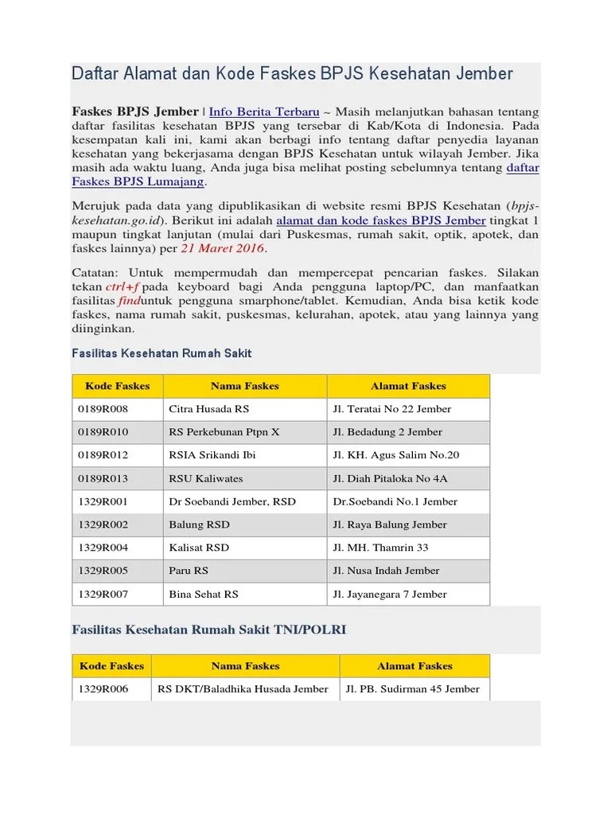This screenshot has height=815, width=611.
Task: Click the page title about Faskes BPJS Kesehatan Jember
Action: click(x=292, y=74)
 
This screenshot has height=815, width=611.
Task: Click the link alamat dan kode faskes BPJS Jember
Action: click(x=380, y=220)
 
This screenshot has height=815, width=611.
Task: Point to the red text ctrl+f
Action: click(x=124, y=287)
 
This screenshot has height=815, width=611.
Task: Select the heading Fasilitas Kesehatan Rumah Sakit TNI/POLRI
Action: click(x=209, y=629)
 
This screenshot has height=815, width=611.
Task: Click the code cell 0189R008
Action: click(x=103, y=409)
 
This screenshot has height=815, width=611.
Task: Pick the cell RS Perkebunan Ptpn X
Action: click(x=224, y=432)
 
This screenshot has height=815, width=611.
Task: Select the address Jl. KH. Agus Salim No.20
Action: click(x=395, y=455)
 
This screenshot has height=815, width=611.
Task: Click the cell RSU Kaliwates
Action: click(x=206, y=478)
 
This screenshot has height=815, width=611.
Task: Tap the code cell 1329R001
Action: click(x=103, y=501)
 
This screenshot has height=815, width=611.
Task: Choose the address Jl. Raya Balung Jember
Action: click(x=390, y=524)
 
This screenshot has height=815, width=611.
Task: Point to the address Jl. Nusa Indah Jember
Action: click(x=387, y=571)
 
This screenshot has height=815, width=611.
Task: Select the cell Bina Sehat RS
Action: click(x=204, y=594)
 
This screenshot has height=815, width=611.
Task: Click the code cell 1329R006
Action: click(x=103, y=688)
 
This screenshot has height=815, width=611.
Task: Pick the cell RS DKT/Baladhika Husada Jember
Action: click(x=243, y=688)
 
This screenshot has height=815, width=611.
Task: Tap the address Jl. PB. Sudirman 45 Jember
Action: click(x=412, y=688)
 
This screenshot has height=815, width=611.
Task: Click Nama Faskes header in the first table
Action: click(x=245, y=386)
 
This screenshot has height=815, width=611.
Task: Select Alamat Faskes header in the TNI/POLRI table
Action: click(x=414, y=666)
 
